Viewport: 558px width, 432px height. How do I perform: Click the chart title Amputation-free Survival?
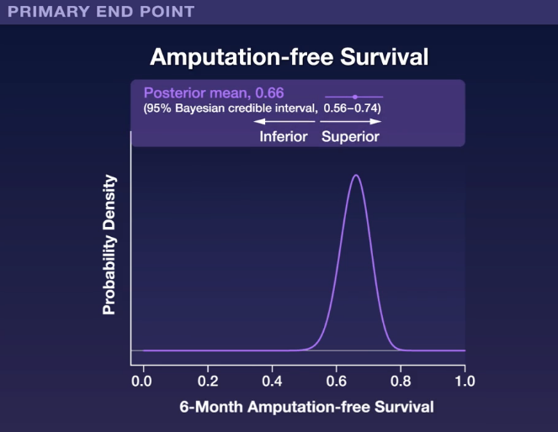tap(289, 57)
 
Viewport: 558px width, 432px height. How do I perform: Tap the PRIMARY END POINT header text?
tap(101, 12)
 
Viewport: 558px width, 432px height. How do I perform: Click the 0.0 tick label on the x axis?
tap(141, 382)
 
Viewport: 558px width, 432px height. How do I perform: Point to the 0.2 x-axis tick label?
tap(208, 382)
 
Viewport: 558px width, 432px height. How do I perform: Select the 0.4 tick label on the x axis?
tap(272, 382)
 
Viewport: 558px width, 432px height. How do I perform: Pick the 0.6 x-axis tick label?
tap(337, 382)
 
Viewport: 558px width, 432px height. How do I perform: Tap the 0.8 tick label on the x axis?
tap(401, 382)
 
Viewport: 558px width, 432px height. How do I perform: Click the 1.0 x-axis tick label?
tap(465, 382)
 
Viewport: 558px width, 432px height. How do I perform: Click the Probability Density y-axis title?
tap(109, 245)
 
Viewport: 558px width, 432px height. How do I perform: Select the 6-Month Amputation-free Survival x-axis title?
tap(306, 407)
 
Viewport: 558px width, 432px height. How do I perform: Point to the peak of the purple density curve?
tap(356, 175)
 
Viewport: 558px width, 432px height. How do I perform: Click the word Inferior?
tap(284, 137)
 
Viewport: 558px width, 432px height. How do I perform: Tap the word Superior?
tap(350, 137)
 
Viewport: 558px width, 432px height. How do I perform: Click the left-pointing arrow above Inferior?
tap(284, 122)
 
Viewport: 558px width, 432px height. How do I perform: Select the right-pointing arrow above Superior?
tap(351, 122)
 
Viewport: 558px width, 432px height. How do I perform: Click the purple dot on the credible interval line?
tap(355, 97)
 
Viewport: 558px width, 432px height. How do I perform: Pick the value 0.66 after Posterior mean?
tap(270, 93)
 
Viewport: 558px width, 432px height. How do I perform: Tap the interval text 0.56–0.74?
tap(351, 108)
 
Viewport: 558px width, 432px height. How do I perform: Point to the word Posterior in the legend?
tap(175, 93)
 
